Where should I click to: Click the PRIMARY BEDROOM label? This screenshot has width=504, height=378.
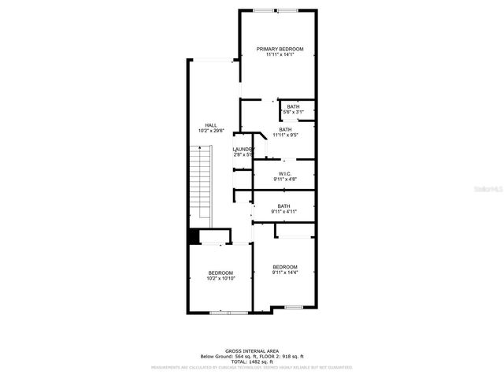click(x=280, y=49)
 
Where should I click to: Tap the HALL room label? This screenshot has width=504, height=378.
click(x=210, y=125)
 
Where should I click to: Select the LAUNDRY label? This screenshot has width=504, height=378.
click(x=243, y=149)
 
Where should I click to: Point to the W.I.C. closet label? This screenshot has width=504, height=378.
click(x=284, y=173)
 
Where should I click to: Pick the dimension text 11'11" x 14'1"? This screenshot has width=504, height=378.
click(x=280, y=55)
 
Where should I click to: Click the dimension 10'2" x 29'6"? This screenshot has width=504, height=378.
click(x=210, y=131)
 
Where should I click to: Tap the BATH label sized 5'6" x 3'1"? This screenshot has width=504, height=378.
click(x=293, y=107)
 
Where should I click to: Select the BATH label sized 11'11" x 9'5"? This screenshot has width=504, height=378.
click(x=284, y=129)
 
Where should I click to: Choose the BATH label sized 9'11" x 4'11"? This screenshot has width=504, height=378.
click(x=283, y=206)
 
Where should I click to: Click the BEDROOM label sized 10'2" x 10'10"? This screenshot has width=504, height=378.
click(x=220, y=272)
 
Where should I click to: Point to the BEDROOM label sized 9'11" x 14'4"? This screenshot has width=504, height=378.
click(x=284, y=267)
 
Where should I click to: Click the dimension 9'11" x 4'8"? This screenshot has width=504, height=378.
click(x=284, y=179)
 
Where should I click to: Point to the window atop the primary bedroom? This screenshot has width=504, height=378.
click(x=276, y=10)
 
